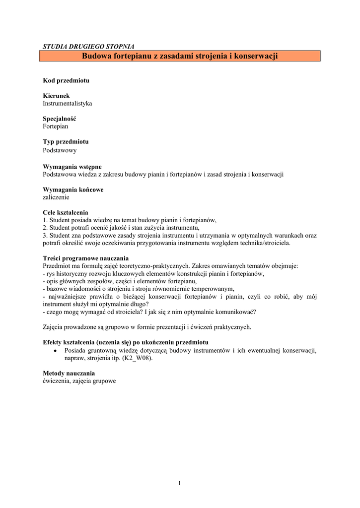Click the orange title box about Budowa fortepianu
(x=180, y=56)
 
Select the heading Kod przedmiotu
(x=66, y=80)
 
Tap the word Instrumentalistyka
(x=68, y=104)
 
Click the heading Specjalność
(x=60, y=119)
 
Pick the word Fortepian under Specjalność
(x=56, y=127)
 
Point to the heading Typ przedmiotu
(x=66, y=142)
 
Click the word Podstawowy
(x=60, y=150)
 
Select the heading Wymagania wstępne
(x=72, y=167)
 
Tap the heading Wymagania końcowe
(x=73, y=190)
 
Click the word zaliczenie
(x=56, y=197)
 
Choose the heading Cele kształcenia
(x=66, y=212)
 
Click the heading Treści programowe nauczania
(x=86, y=258)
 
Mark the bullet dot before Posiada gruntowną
(x=56, y=350)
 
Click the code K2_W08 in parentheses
(x=136, y=358)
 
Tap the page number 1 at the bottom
(x=180, y=483)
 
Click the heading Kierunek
(x=56, y=96)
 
